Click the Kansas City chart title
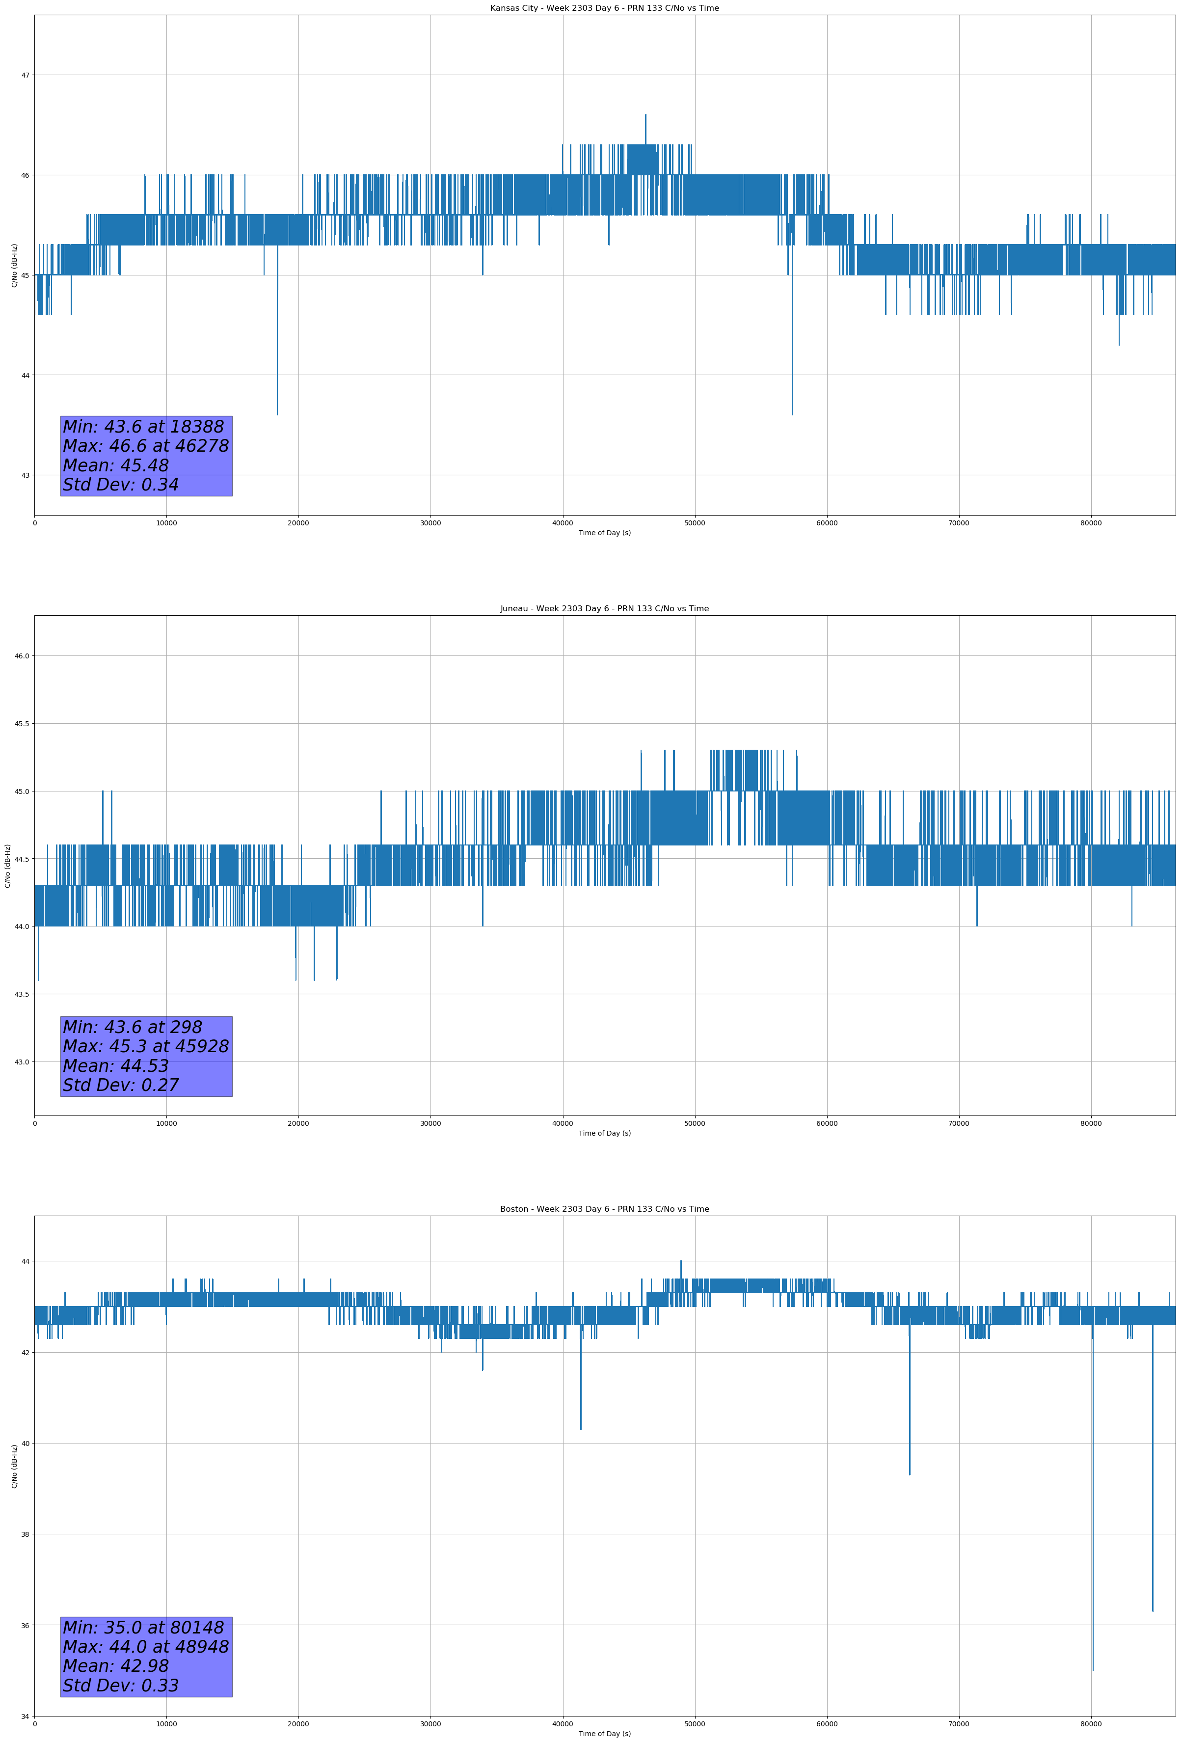click(604, 8)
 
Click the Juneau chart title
click(604, 609)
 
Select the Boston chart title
click(604, 1209)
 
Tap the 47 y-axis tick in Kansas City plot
click(26, 75)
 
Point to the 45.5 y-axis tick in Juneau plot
click(22, 723)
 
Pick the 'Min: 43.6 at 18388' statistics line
click(143, 427)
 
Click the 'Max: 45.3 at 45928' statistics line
click(145, 1046)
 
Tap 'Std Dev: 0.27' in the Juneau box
click(121, 1086)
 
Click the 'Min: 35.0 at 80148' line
click(143, 1627)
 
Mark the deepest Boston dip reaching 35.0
click(1093, 1669)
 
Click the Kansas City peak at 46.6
click(645, 115)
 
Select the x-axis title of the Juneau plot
click(604, 1133)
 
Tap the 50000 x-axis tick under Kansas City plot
click(695, 523)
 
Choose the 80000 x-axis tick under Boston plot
click(1091, 1723)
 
